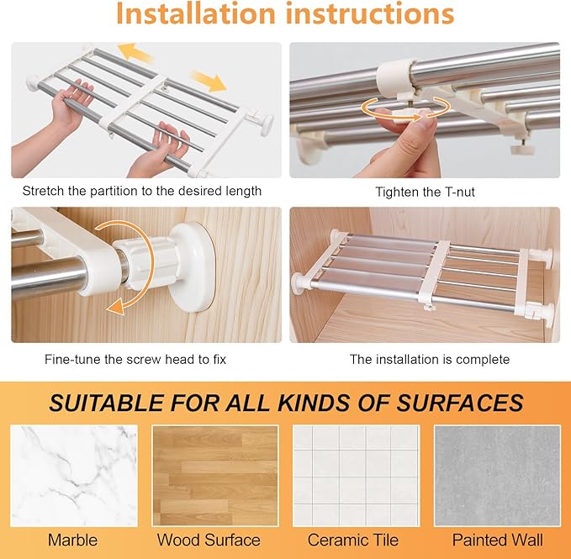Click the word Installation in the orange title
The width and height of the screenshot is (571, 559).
pyautogui.click(x=196, y=13)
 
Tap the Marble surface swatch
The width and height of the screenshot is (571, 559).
pyautogui.click(x=74, y=476)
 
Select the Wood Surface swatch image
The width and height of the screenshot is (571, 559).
pyautogui.click(x=215, y=476)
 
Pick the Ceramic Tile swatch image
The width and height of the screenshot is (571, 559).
pyautogui.click(x=357, y=476)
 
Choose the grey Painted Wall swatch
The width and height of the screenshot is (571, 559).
pyautogui.click(x=497, y=476)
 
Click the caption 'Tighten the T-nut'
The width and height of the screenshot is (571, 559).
pyautogui.click(x=425, y=192)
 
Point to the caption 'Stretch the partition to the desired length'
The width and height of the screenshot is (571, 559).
pyautogui.click(x=142, y=191)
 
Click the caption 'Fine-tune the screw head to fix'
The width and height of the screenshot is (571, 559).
pyautogui.click(x=135, y=360)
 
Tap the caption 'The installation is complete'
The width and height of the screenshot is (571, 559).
pyautogui.click(x=430, y=360)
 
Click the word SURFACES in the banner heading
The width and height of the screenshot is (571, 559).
pyautogui.click(x=460, y=403)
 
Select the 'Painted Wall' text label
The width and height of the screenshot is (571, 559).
pyautogui.click(x=498, y=540)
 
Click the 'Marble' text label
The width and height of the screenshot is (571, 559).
pyautogui.click(x=73, y=540)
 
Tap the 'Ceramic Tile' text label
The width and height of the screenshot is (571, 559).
pyautogui.click(x=353, y=540)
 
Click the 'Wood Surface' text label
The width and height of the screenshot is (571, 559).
pyautogui.click(x=209, y=540)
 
